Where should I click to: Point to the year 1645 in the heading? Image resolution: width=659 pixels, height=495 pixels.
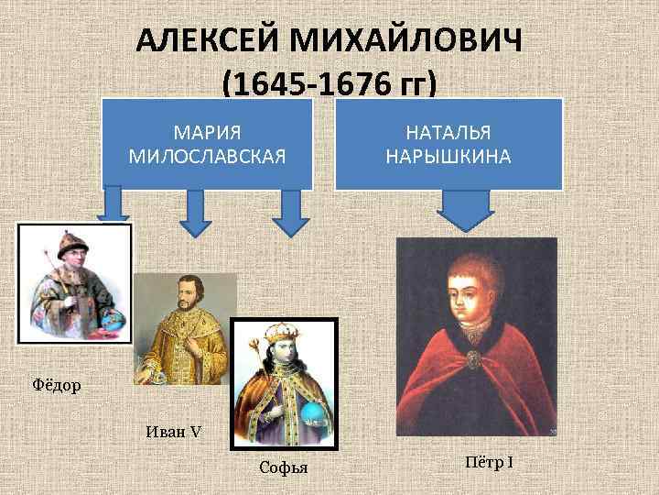(268, 85)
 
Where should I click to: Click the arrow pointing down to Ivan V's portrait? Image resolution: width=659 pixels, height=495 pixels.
(194, 213)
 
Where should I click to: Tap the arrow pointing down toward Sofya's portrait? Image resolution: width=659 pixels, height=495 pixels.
(292, 213)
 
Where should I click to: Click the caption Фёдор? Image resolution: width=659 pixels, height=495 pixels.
(57, 385)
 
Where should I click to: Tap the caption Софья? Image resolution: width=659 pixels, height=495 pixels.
(284, 468)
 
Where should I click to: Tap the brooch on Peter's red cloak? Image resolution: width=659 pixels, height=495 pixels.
(474, 355)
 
